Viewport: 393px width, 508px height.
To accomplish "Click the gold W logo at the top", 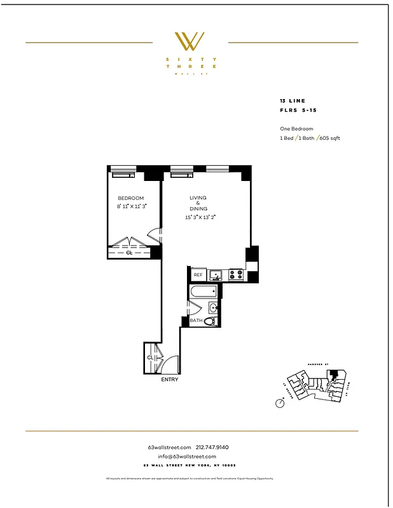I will click(190, 41).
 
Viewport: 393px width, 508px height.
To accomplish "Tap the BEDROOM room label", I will click(130, 198).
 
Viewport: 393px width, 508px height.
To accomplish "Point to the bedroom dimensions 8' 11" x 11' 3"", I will click(132, 206).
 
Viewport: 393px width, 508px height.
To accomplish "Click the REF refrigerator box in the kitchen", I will click(198, 275).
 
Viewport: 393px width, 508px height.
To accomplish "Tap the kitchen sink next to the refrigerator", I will click(216, 275).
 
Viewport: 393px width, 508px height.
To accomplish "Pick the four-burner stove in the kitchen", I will click(235, 275).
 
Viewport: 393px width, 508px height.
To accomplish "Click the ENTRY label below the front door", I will click(170, 380).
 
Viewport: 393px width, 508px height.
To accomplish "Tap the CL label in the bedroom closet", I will click(130, 253).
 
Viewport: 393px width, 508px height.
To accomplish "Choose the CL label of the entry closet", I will click(150, 358).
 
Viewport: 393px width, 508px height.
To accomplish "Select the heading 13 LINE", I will click(293, 101).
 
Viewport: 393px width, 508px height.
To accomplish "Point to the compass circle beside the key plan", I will click(280, 403).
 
